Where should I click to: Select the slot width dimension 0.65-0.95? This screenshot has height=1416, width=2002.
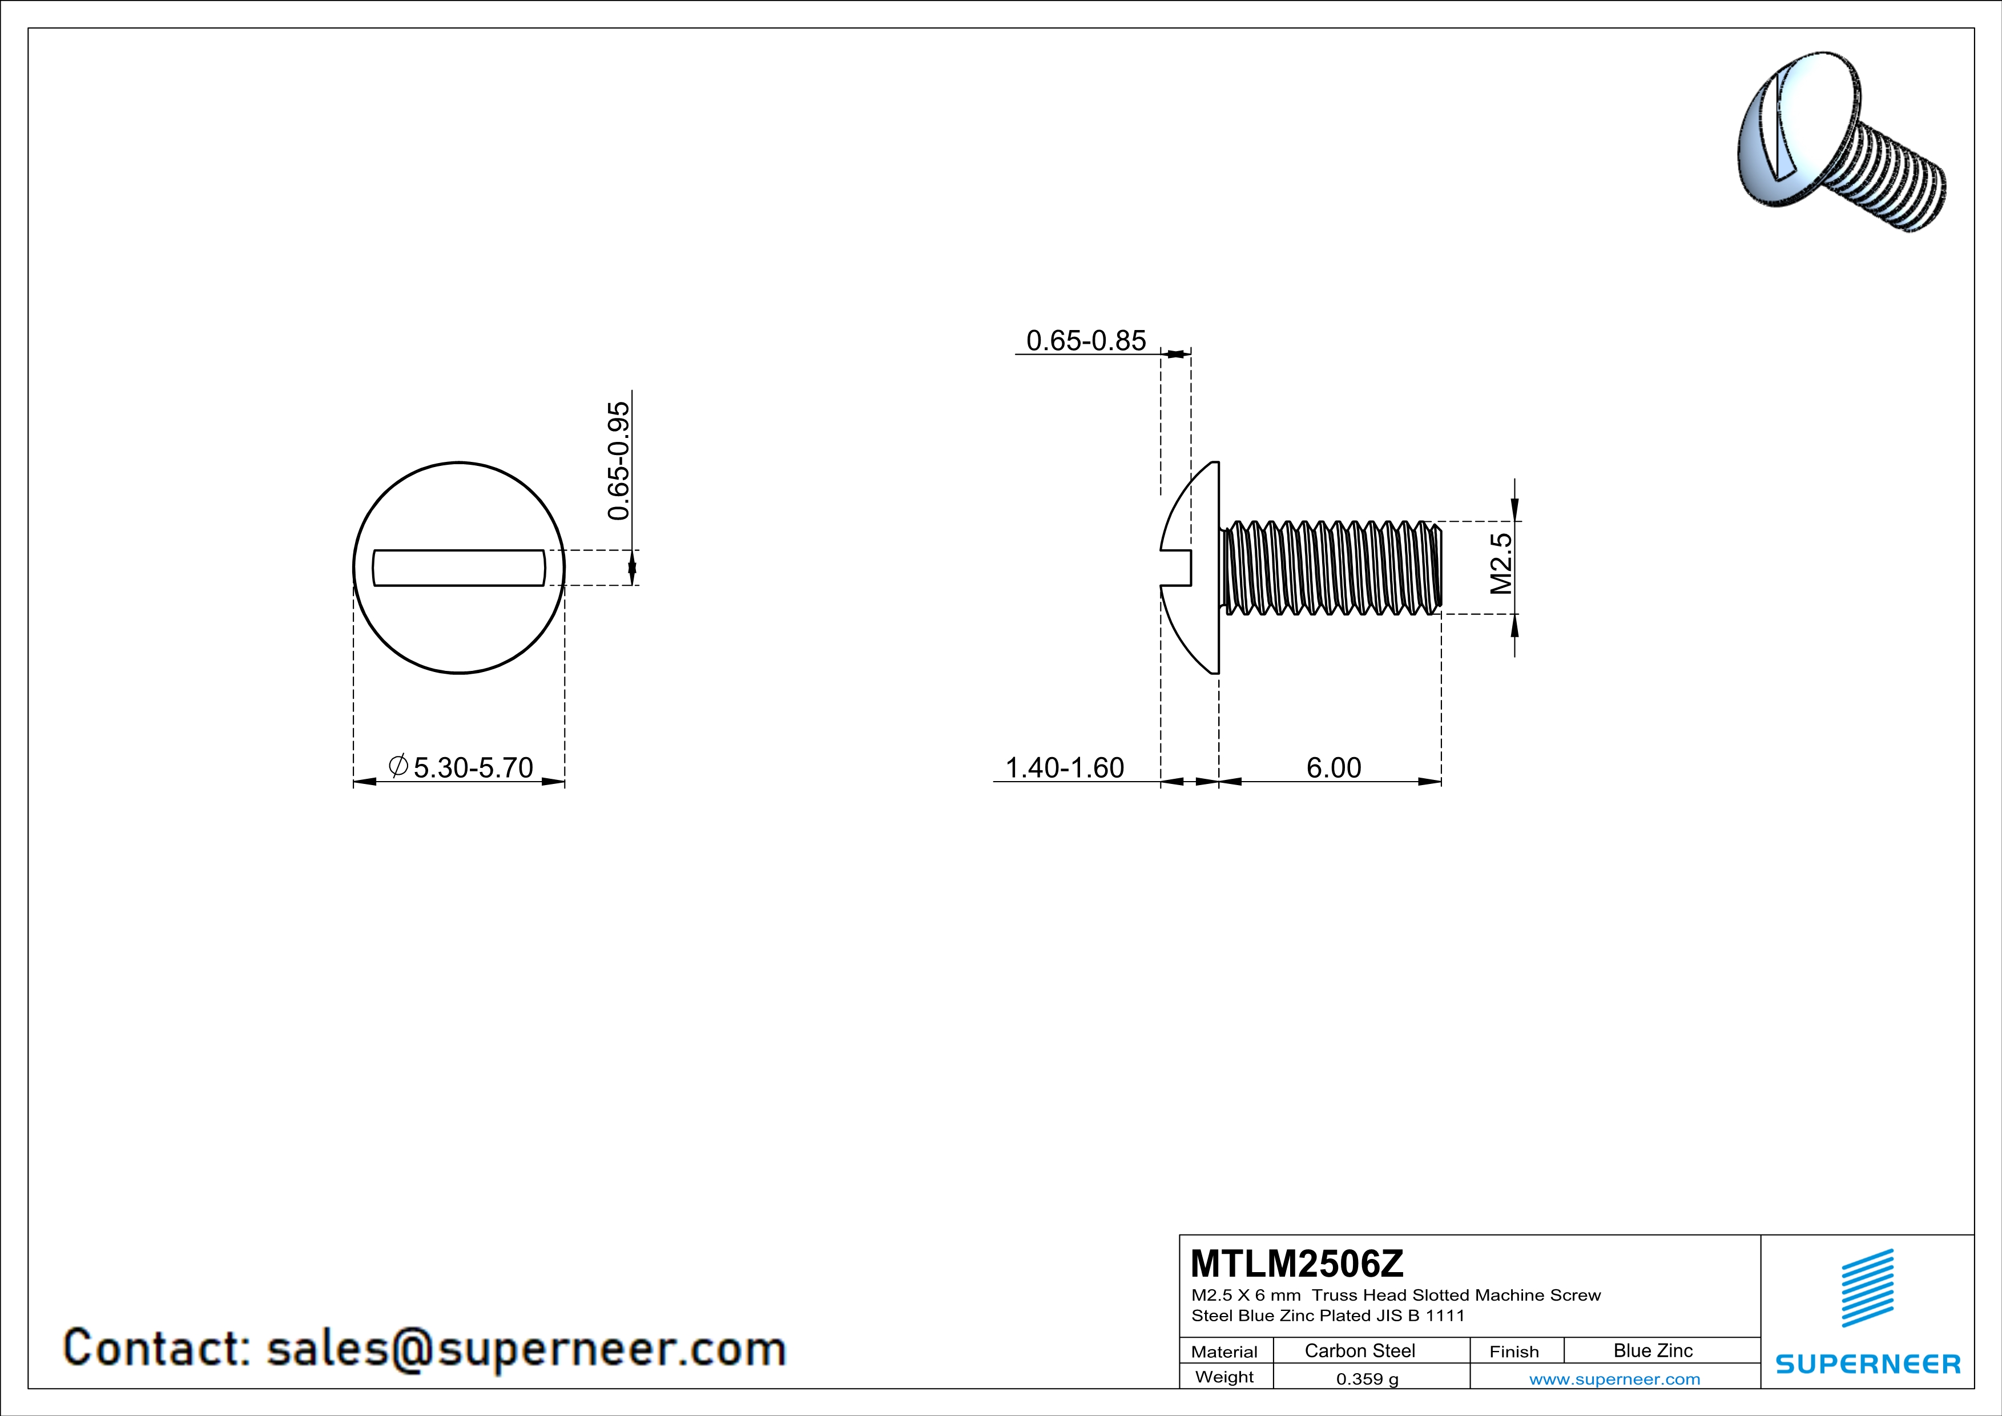[618, 460]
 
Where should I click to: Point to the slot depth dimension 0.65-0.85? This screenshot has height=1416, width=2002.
[1086, 341]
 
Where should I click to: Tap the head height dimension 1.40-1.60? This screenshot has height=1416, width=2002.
[1065, 767]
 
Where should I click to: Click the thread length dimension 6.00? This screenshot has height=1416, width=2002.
[1333, 767]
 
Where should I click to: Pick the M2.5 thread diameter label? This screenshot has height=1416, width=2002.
[1501, 564]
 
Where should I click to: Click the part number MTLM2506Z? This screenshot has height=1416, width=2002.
[1296, 1262]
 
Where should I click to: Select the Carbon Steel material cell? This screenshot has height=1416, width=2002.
[1359, 1350]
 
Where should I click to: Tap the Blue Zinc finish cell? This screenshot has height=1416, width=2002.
[1652, 1350]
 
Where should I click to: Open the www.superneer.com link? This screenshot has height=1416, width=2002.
[1614, 1378]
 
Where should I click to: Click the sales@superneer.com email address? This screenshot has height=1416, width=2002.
[526, 1348]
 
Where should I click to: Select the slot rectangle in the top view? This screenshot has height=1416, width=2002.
[458, 568]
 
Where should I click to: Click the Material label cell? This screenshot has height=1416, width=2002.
[1224, 1351]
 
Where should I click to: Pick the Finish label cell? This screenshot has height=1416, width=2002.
[1514, 1351]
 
